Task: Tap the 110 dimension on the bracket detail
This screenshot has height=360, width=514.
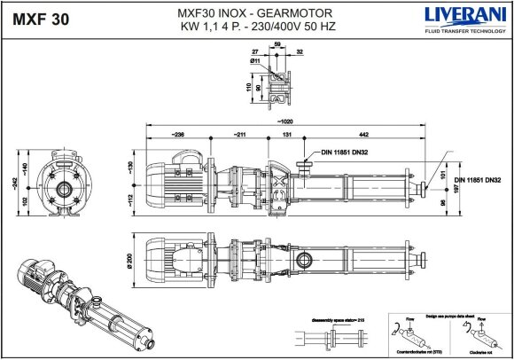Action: [x=251, y=89]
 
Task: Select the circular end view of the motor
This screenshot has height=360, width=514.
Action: [x=65, y=188]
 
